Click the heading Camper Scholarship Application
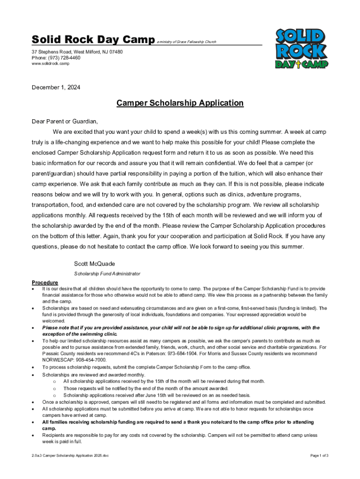[x=180, y=103]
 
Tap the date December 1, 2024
[x=56, y=87]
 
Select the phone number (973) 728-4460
[x=63, y=58]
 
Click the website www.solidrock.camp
[x=50, y=64]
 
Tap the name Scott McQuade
[x=94, y=264]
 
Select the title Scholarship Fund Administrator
[x=107, y=274]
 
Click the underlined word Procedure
[x=45, y=283]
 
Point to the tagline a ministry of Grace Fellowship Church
[x=187, y=42]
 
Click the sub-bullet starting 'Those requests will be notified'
[x=146, y=388]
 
